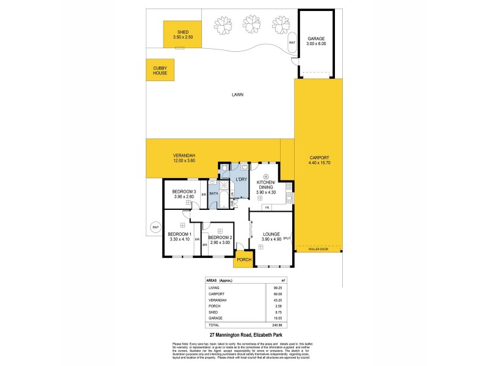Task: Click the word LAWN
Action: coord(237,95)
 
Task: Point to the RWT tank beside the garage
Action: coord(292,43)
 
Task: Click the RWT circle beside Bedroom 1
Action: coord(156,228)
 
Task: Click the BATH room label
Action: coord(213,193)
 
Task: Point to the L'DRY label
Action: coord(240,179)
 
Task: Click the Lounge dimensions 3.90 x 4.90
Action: coord(271,239)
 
